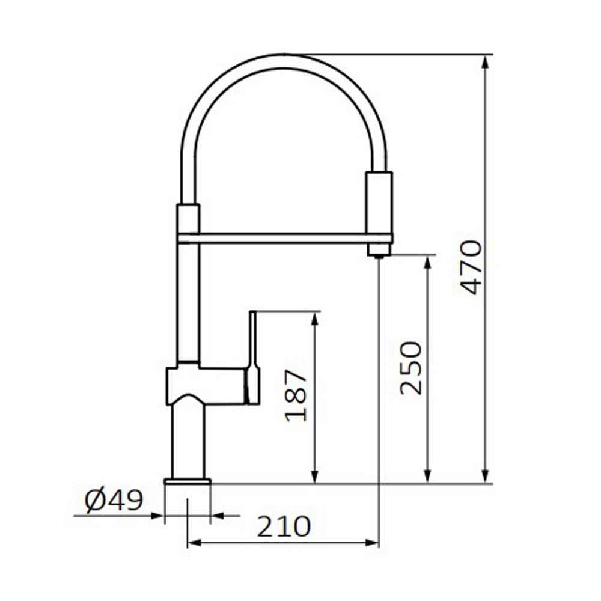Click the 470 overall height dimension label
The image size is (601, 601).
click(x=471, y=267)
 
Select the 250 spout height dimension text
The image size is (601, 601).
click(x=411, y=368)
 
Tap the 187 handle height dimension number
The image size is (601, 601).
click(x=296, y=395)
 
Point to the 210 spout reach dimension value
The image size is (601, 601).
click(x=283, y=526)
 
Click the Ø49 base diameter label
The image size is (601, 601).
click(x=114, y=500)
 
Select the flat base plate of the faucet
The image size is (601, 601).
click(x=188, y=482)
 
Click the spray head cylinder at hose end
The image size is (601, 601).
click(x=379, y=203)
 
